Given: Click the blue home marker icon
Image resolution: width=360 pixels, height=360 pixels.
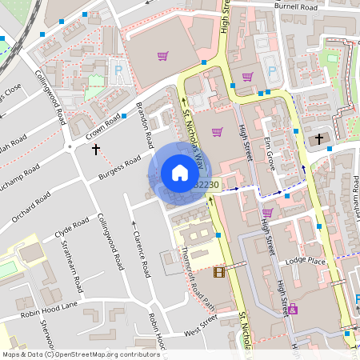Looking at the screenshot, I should [x=180, y=172].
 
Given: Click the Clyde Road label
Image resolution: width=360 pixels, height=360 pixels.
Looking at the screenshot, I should [x=70, y=230].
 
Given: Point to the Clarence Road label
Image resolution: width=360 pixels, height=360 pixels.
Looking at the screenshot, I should [x=141, y=252].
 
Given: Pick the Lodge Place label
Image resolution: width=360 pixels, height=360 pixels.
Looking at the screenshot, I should [x=306, y=262].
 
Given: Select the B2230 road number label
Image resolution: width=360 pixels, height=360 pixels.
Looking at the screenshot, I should [x=206, y=185].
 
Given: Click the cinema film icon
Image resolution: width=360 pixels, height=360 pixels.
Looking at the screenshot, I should [x=219, y=273].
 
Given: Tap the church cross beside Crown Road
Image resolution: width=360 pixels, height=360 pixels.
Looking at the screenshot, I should [x=96, y=149].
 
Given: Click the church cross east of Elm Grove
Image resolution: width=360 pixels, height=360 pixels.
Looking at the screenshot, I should [x=318, y=139].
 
